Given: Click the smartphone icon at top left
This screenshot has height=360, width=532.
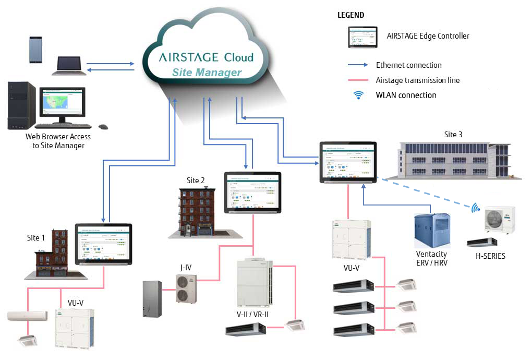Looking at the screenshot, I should (35, 49).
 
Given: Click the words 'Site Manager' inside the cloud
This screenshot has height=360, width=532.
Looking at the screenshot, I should (207, 73).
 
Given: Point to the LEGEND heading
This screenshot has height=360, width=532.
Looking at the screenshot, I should (351, 15).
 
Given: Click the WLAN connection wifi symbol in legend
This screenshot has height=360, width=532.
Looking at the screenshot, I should (358, 95).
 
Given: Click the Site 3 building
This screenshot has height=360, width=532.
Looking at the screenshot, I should (453, 159).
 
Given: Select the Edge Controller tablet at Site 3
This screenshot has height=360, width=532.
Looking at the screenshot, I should (348, 162).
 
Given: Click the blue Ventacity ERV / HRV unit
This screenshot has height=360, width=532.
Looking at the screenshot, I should (431, 230).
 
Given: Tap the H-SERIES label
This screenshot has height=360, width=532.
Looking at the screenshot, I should (490, 256).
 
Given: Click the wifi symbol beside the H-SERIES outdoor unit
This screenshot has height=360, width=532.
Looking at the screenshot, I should (475, 208).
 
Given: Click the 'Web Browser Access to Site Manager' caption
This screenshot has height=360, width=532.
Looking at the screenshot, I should (58, 141).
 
